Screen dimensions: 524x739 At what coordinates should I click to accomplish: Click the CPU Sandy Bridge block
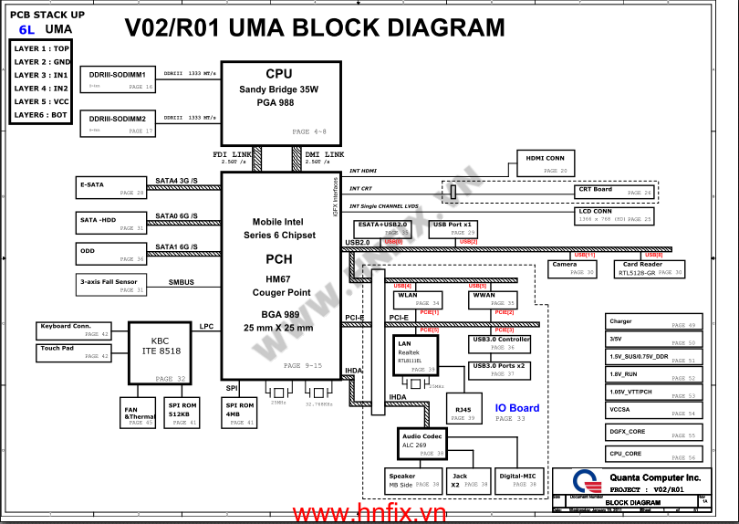click(279, 101)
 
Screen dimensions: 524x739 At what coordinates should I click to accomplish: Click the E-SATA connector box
click(110, 188)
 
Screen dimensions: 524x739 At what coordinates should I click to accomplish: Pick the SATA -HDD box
click(110, 224)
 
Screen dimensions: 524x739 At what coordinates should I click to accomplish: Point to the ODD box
click(110, 254)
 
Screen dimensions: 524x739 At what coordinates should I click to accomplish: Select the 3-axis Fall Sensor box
click(110, 285)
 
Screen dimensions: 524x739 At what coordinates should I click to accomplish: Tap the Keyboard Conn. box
click(73, 330)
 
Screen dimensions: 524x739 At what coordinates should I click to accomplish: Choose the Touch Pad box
click(73, 351)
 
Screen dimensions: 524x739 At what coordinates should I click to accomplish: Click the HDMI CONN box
click(545, 162)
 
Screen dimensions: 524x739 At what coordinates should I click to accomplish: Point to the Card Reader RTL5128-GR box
click(650, 268)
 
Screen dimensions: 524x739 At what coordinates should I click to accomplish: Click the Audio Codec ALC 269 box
click(422, 444)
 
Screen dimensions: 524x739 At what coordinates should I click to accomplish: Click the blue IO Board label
click(517, 408)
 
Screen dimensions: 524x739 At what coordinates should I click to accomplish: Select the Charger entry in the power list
click(652, 322)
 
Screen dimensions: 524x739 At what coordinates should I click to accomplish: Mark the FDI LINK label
click(232, 155)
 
